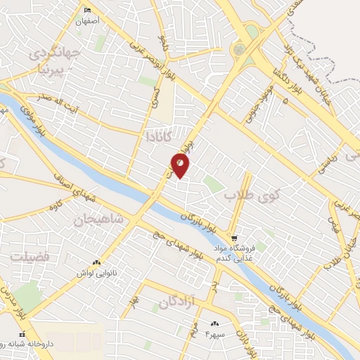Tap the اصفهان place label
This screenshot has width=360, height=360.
(x=90, y=21)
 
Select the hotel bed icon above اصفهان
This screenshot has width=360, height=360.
(x=88, y=10)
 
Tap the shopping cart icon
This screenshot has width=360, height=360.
(x=235, y=237)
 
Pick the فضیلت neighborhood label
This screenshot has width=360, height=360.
(x=30, y=258)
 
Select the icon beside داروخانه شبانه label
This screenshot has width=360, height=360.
(x=22, y=334)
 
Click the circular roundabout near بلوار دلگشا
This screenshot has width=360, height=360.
(x=240, y=50)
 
